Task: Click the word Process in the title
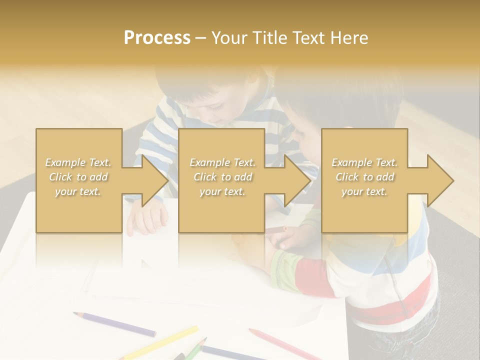(x=157, y=38)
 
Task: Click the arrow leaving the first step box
(x=145, y=180)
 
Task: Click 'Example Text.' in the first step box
(x=78, y=162)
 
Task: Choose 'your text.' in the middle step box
(x=222, y=191)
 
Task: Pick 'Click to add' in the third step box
(x=364, y=177)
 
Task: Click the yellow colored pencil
(x=160, y=342)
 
